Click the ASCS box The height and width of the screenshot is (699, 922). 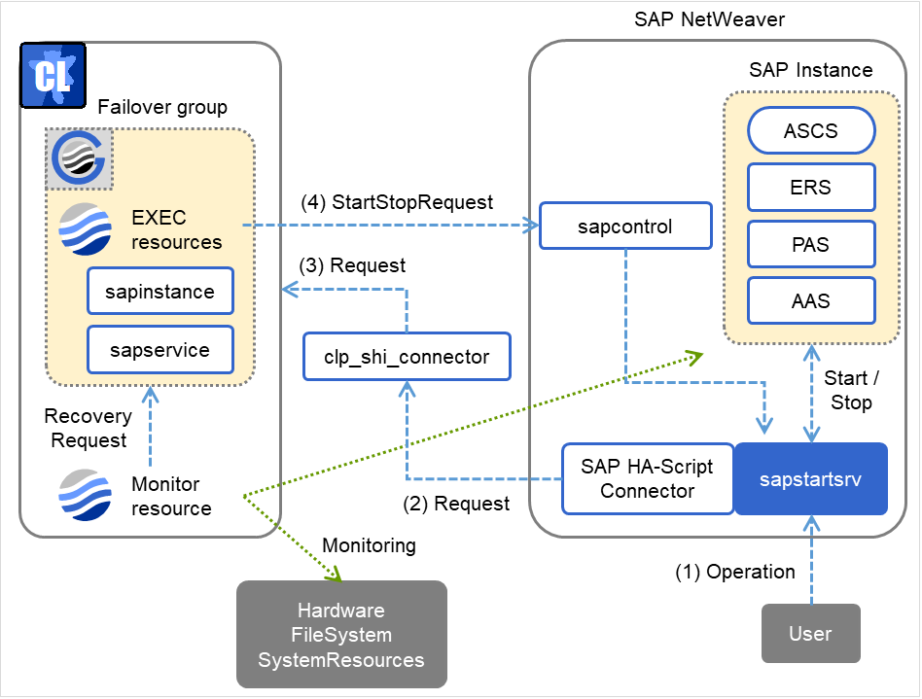click(810, 130)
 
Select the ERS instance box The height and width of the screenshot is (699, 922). click(810, 188)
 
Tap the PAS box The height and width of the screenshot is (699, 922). click(810, 245)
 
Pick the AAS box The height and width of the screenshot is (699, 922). click(810, 301)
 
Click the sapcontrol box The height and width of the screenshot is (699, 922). click(625, 227)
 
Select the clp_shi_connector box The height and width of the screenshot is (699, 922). click(406, 357)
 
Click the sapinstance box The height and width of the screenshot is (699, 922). click(160, 291)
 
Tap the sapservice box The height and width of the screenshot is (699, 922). click(160, 349)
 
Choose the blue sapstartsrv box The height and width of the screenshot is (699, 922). click(810, 478)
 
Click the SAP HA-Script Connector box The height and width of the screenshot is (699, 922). click(647, 478)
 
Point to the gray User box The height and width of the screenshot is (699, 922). click(810, 634)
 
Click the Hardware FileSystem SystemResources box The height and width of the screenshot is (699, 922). click(341, 635)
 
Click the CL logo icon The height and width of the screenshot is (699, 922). click(52, 75)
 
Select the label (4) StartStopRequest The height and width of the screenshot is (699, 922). click(399, 203)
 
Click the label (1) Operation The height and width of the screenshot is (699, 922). click(735, 572)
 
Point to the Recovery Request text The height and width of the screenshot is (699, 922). click(88, 428)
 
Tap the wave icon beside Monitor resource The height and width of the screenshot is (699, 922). click(84, 494)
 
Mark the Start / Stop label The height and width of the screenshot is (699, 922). click(848, 390)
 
